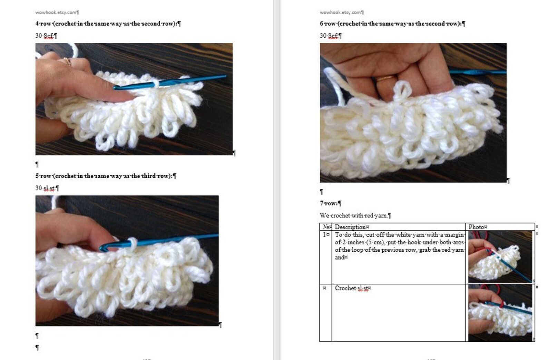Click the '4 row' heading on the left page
(x=108, y=23)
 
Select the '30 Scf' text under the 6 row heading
(x=330, y=36)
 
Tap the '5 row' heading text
(x=105, y=176)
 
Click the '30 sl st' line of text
(x=47, y=188)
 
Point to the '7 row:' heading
(x=330, y=203)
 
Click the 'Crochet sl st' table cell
(x=352, y=288)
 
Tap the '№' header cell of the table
(x=325, y=227)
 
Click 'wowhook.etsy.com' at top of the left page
(x=56, y=12)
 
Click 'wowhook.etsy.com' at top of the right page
(x=341, y=12)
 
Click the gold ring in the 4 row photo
(x=67, y=62)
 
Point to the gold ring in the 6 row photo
(x=384, y=79)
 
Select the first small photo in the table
(x=500, y=257)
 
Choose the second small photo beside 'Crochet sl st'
(x=500, y=313)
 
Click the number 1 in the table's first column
(x=325, y=235)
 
